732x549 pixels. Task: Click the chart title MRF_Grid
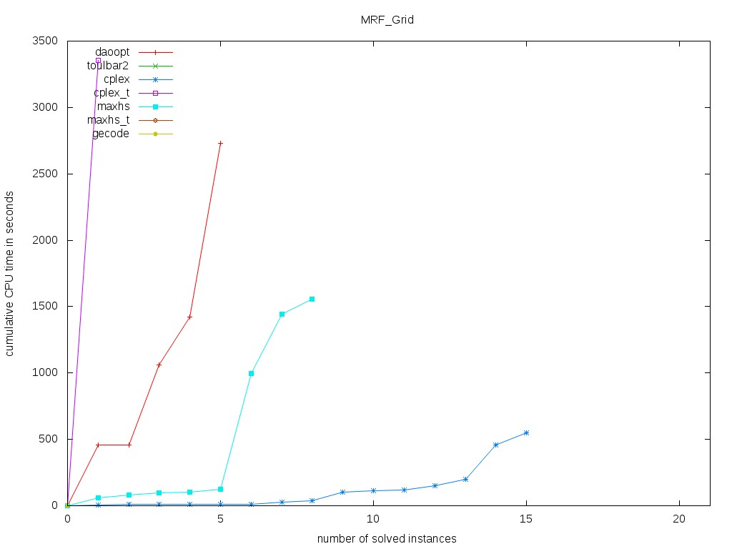tap(387, 20)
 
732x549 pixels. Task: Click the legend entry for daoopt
tap(112, 52)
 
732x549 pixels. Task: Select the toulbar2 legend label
tap(108, 65)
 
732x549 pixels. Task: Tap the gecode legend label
tap(111, 134)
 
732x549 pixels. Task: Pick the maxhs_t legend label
tap(113, 120)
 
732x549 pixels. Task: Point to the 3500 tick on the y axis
tap(45, 41)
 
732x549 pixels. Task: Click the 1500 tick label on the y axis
tap(45, 307)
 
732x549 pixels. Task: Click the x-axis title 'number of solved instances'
tap(387, 538)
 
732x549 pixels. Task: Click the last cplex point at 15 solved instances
tap(526, 432)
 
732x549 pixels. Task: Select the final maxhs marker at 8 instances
tap(312, 299)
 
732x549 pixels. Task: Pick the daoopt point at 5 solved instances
tap(220, 143)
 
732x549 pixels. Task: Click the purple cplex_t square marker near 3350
tap(98, 60)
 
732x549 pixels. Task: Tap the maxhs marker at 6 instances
tap(251, 373)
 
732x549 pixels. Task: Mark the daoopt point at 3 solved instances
tap(159, 365)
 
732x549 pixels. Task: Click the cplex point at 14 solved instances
tap(495, 445)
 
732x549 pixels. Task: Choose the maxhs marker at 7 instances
tap(282, 314)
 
